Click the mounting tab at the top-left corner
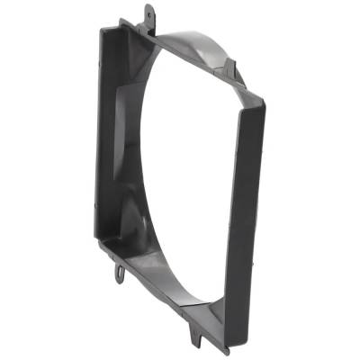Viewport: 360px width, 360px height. [x=148, y=15]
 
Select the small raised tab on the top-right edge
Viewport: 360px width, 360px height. [x=230, y=67]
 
